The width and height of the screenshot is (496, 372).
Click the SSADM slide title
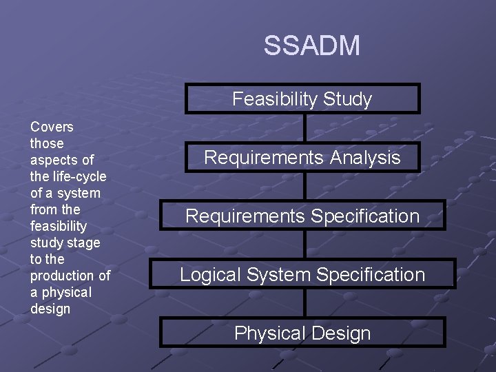[311, 46]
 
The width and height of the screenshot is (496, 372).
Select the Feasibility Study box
[302, 99]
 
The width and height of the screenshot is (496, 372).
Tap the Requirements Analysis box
[302, 157]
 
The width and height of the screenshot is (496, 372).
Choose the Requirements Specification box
[302, 216]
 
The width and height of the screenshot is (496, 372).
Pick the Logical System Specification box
[302, 274]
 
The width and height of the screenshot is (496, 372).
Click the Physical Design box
[302, 333]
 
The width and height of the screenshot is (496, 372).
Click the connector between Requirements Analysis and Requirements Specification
[304, 186]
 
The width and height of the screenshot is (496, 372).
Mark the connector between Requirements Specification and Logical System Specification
[304, 245]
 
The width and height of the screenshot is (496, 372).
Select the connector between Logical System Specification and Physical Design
[304, 303]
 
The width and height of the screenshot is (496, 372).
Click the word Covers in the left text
[52, 127]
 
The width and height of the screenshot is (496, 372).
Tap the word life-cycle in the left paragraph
[76, 176]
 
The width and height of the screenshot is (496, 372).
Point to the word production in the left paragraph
[63, 276]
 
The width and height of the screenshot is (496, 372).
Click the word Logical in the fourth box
[206, 274]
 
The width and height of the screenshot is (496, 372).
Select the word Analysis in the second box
[364, 157]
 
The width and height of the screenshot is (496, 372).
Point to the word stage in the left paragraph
[85, 242]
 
